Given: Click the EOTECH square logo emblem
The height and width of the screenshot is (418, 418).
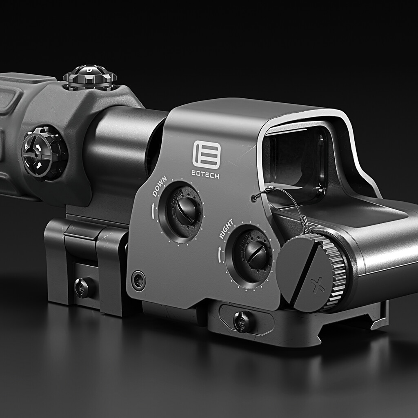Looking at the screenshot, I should (x=207, y=155).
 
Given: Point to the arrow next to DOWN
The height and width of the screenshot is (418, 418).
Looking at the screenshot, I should (x=153, y=210).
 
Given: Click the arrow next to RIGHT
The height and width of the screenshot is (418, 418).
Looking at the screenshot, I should (x=221, y=254).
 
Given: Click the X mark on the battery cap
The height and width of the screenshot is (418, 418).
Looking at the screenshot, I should (x=317, y=285).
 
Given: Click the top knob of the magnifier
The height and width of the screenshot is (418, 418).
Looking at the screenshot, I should (x=90, y=76).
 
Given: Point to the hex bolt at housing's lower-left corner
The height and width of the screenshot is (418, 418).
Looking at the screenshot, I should (x=138, y=280).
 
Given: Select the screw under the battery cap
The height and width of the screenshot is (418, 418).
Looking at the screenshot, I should (x=242, y=322).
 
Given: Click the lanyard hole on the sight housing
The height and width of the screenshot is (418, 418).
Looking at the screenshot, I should (x=255, y=198).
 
